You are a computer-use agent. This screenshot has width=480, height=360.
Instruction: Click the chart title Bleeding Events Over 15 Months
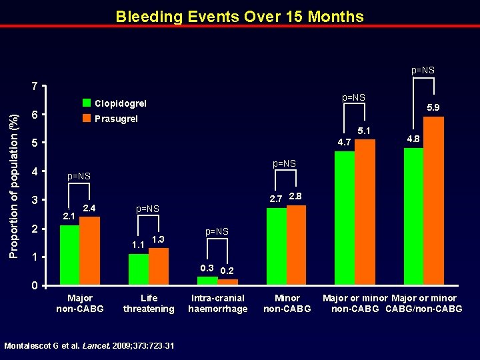coord(239,16)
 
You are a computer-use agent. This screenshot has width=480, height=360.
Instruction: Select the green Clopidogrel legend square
coord(87,103)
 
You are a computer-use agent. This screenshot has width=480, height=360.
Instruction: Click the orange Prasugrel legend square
coord(87,119)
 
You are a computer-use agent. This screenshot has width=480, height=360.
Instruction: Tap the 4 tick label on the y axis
coord(33,172)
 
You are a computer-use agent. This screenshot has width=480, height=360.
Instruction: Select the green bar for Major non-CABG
coord(69,255)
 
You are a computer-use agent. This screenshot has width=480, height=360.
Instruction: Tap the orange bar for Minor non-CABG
coord(296,245)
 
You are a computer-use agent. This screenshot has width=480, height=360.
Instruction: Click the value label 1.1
coord(139,245)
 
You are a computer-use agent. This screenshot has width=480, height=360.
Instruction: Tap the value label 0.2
coord(227,271)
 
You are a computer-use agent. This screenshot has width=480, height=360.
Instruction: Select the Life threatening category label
coord(149,303)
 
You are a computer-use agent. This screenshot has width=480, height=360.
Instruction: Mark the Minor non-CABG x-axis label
coord(287,303)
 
